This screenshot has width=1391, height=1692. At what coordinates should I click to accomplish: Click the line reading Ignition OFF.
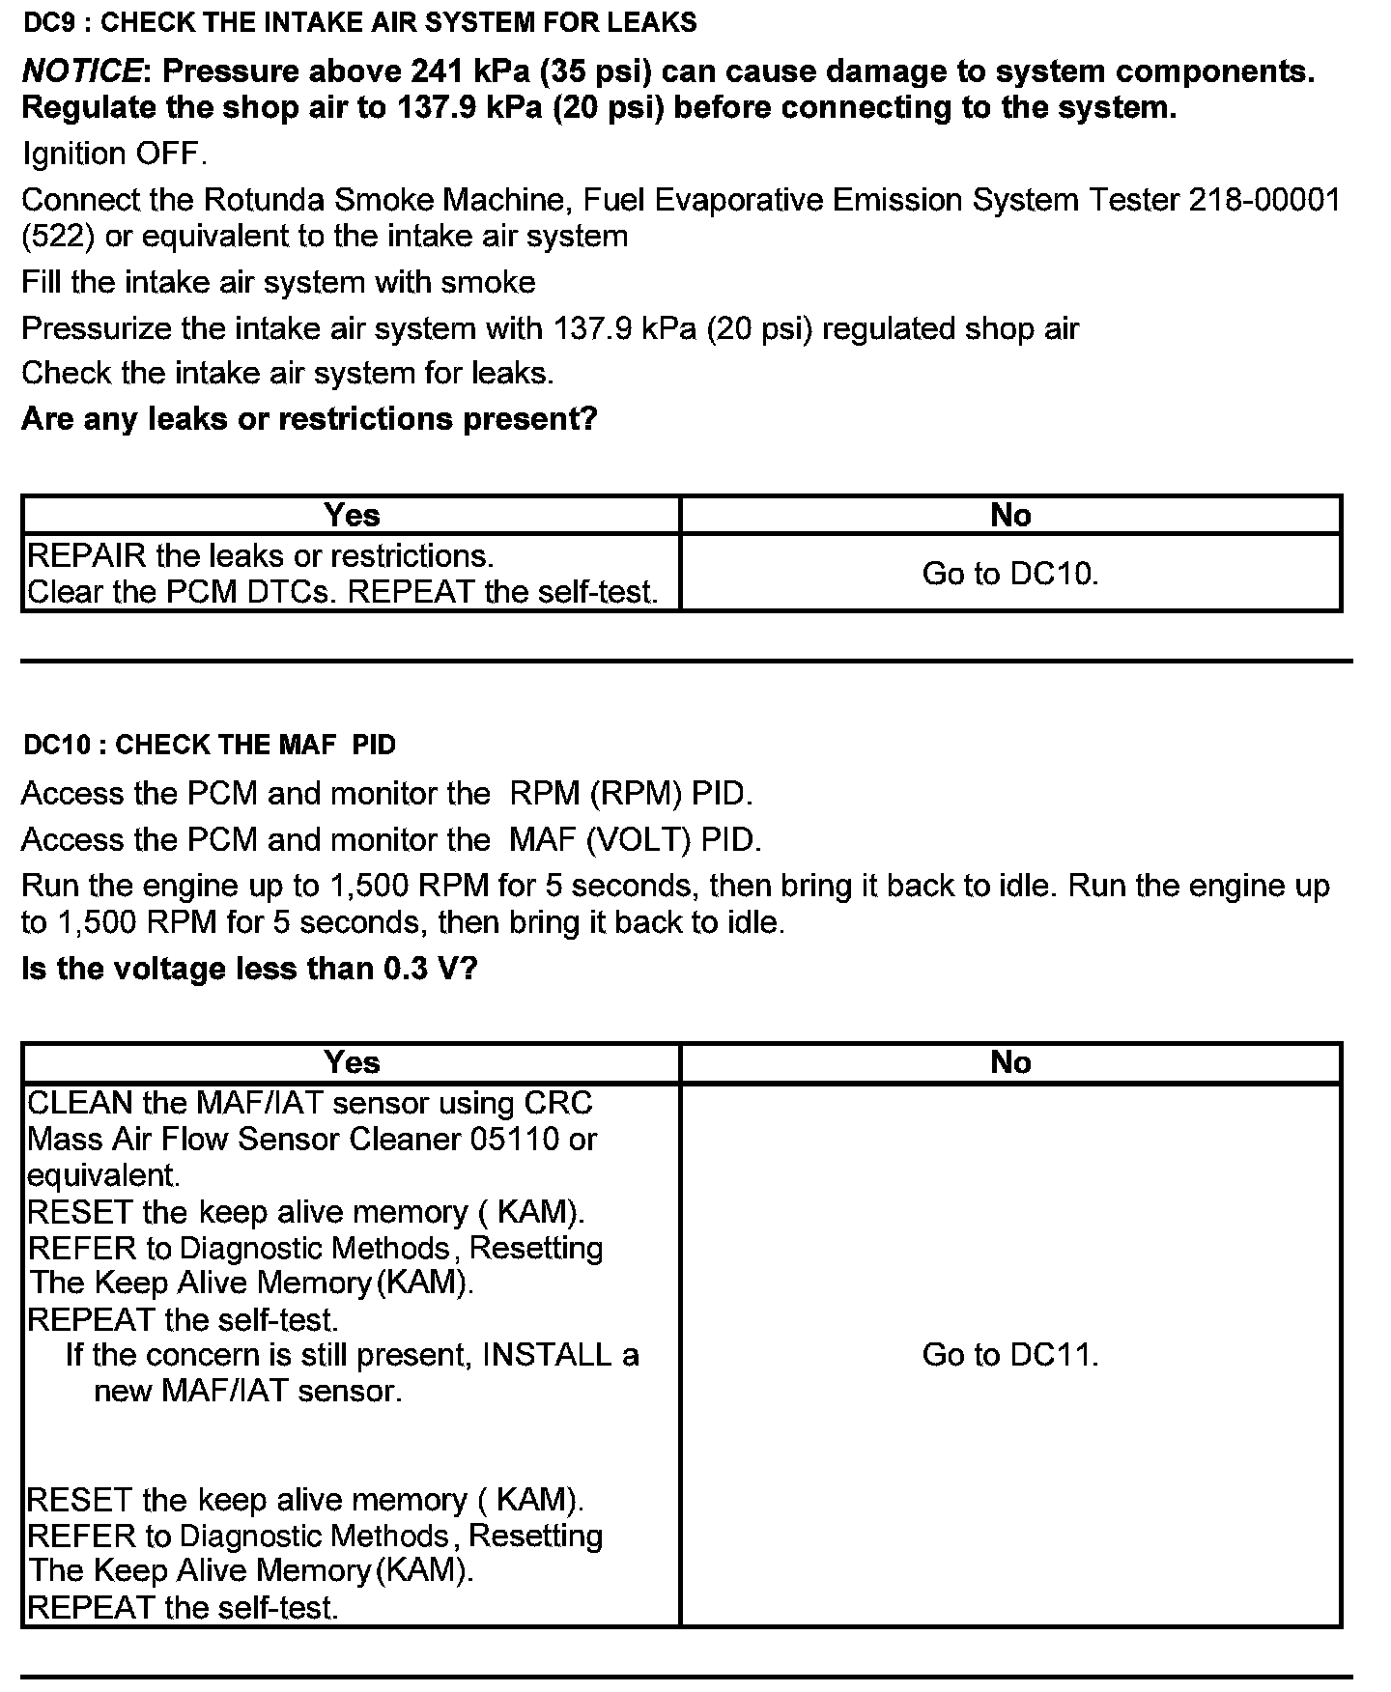[114, 154]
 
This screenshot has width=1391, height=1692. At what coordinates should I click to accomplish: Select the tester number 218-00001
[1264, 200]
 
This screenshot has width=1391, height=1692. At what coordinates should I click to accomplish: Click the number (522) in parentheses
[58, 237]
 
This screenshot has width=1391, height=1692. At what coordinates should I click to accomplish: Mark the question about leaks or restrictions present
[309, 419]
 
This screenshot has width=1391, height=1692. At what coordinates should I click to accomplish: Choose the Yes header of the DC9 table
[352, 515]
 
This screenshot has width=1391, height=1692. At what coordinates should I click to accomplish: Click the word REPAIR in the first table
[87, 556]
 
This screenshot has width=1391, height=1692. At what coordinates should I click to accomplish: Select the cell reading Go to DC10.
[1010, 574]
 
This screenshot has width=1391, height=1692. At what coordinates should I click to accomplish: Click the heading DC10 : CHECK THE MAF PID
[210, 745]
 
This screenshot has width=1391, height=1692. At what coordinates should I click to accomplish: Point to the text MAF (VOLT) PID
[635, 840]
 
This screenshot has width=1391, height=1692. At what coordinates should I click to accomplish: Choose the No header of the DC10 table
[1010, 1062]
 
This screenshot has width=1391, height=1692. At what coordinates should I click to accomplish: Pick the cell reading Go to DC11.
[1010, 1355]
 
